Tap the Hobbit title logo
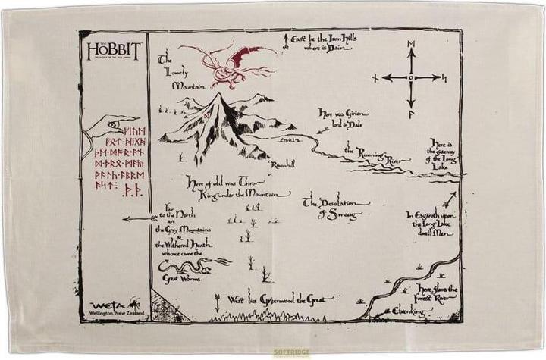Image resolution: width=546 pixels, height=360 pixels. click(x=113, y=52)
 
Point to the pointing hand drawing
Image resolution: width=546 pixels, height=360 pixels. click(x=113, y=125)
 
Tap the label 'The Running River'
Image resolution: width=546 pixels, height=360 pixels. click(x=372, y=155)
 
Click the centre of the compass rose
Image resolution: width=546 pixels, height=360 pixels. click(x=411, y=77)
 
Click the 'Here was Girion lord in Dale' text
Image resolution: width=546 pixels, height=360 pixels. click(x=342, y=118)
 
